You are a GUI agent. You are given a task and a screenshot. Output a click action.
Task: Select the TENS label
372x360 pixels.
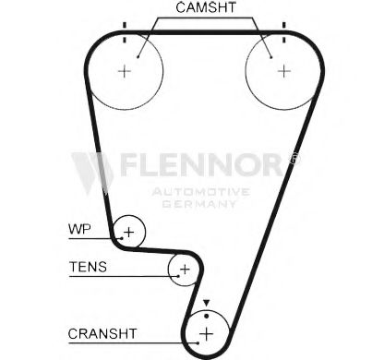pyautogui.click(x=88, y=268)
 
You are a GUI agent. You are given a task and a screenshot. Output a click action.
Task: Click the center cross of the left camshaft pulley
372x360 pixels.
pyautogui.click(x=126, y=70)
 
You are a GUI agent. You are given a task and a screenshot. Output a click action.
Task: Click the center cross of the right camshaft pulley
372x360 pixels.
pyautogui.click(x=283, y=70)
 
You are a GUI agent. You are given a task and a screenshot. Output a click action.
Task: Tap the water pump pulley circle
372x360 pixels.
pyautogui.click(x=129, y=232)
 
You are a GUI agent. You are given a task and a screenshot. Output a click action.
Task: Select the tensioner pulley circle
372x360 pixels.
pyautogui.click(x=184, y=269)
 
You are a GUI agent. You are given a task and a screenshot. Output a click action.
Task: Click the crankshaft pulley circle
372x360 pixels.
pyautogui.click(x=206, y=331)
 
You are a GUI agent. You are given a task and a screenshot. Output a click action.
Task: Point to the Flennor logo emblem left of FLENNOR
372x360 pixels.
pyautogui.click(x=93, y=171)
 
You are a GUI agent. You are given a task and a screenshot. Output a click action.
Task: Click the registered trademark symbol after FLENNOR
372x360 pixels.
pyautogui.click(x=296, y=159)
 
